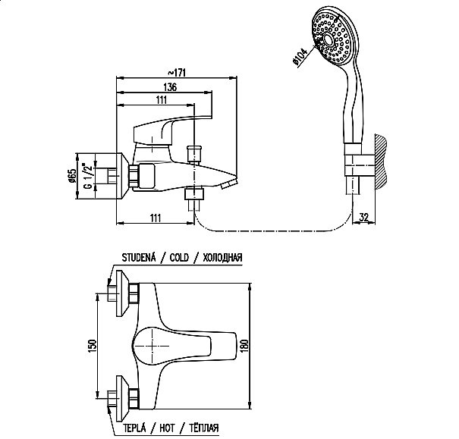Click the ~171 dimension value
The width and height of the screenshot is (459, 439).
177,72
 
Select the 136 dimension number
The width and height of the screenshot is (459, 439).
170,87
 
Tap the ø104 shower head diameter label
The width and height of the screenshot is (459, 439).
300,56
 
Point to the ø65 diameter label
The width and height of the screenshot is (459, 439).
72,176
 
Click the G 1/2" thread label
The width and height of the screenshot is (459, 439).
88,176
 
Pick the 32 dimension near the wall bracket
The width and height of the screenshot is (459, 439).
363,218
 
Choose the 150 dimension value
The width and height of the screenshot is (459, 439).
92,346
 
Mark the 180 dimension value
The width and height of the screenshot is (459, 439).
245,346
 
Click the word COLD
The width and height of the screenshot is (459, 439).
179,258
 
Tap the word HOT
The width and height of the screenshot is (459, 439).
167,428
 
